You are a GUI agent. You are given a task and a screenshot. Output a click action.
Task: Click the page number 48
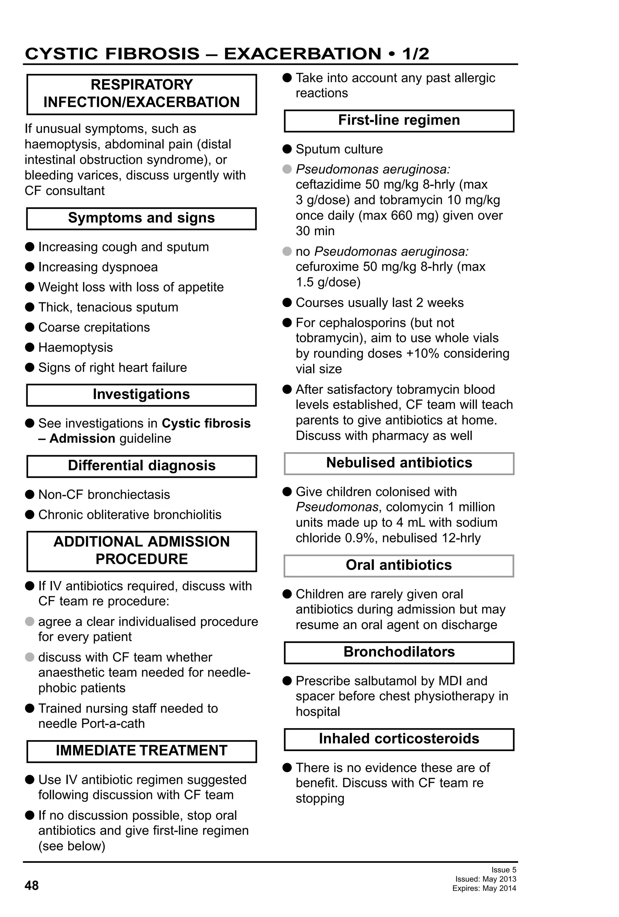[x=31, y=886]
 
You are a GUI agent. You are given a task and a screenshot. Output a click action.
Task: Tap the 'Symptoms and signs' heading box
[x=141, y=218]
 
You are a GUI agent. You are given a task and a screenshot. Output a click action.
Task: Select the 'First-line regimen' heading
[x=399, y=120]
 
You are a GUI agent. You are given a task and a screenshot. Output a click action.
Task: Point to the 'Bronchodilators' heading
[x=399, y=652]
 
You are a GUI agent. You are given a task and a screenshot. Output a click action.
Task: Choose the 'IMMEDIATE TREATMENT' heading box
[x=141, y=750]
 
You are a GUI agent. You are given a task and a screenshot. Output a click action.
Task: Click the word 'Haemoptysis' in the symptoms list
[x=75, y=348]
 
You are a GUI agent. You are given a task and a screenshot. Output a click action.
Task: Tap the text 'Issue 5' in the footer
[x=504, y=870]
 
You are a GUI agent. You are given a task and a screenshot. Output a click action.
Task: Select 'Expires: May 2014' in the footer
[x=484, y=888]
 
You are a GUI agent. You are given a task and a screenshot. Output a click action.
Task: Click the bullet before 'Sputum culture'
[x=287, y=149]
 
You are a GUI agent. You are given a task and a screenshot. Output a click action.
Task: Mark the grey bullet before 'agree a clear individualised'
[x=30, y=622]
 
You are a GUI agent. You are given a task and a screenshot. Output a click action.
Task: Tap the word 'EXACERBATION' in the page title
[x=303, y=54]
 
